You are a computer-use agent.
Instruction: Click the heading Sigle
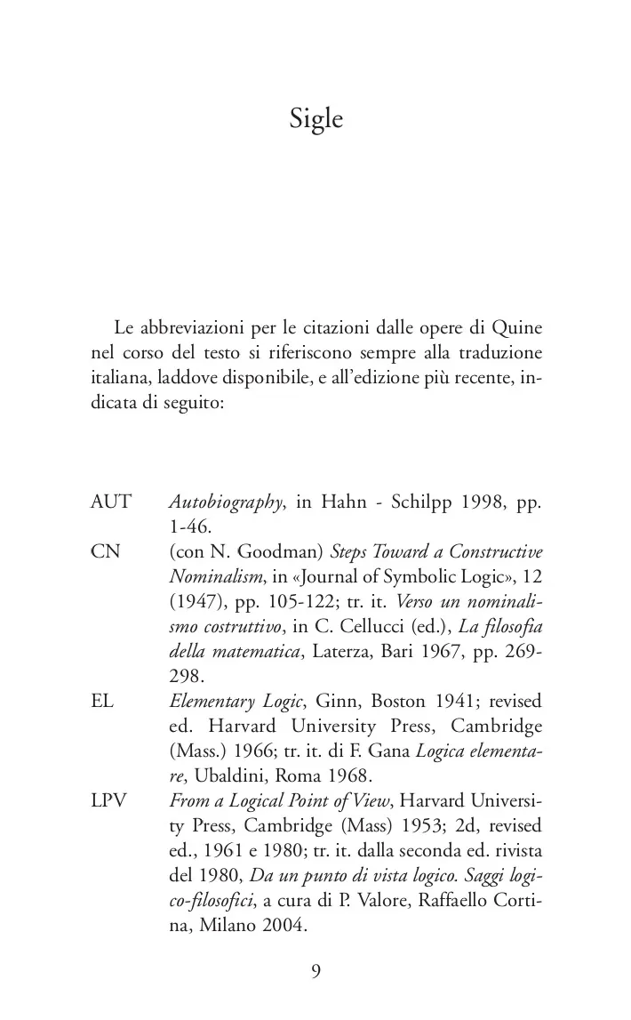coord(315,119)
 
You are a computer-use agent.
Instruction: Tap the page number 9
coord(316,971)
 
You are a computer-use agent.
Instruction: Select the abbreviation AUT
coord(110,502)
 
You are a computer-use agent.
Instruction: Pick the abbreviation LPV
coord(109,800)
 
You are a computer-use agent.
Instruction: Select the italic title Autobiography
coord(226,502)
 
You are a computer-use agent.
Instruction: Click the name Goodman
coord(265,551)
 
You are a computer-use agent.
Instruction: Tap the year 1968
coord(336,775)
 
